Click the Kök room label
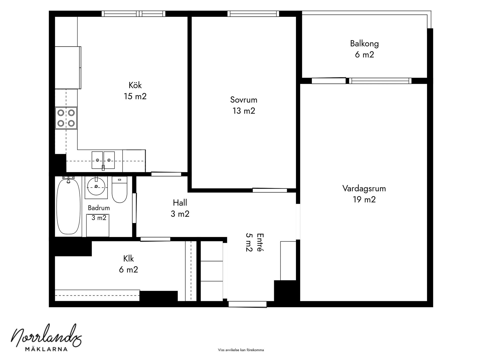(x=135, y=85)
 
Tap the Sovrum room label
(x=244, y=100)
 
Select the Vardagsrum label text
(x=364, y=189)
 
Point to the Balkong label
(x=365, y=44)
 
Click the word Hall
(x=180, y=203)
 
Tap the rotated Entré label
(x=260, y=242)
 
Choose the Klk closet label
(x=129, y=258)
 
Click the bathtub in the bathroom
(x=69, y=206)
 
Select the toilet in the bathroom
(x=119, y=190)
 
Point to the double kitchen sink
(x=103, y=160)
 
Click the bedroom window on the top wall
(x=253, y=14)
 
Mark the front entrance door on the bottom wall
(x=248, y=304)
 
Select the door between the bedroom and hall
(x=270, y=190)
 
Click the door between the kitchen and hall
(x=166, y=174)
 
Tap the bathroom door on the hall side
(x=134, y=208)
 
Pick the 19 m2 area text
(x=364, y=200)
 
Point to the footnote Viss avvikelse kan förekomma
(x=241, y=350)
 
